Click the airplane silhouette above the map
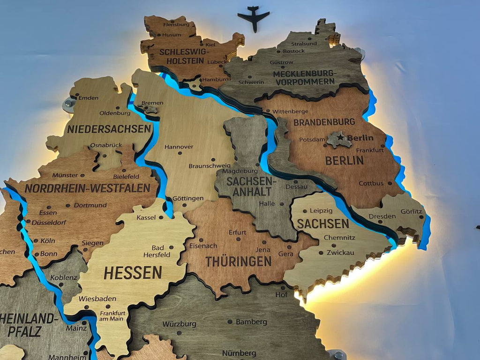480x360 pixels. pos(254,17)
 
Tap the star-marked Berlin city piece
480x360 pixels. pos(339,139)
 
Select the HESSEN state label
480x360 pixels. pos(133,272)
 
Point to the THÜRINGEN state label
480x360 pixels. pos(239,261)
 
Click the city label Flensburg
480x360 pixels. pos(176,24)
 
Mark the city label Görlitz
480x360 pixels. pos(412,211)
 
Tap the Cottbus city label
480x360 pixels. pos(371,183)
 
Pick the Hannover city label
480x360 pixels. pos(179,147)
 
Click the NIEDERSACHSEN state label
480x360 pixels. pos(109,128)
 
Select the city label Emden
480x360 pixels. pos(89,97)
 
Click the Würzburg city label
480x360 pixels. pos(179,324)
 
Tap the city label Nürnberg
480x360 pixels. pos(239,352)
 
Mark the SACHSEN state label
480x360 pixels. pos(323,224)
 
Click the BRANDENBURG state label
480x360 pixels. pos(324,122)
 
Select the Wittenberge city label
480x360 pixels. pos(291,112)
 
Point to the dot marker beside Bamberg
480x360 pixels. pos(230,322)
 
